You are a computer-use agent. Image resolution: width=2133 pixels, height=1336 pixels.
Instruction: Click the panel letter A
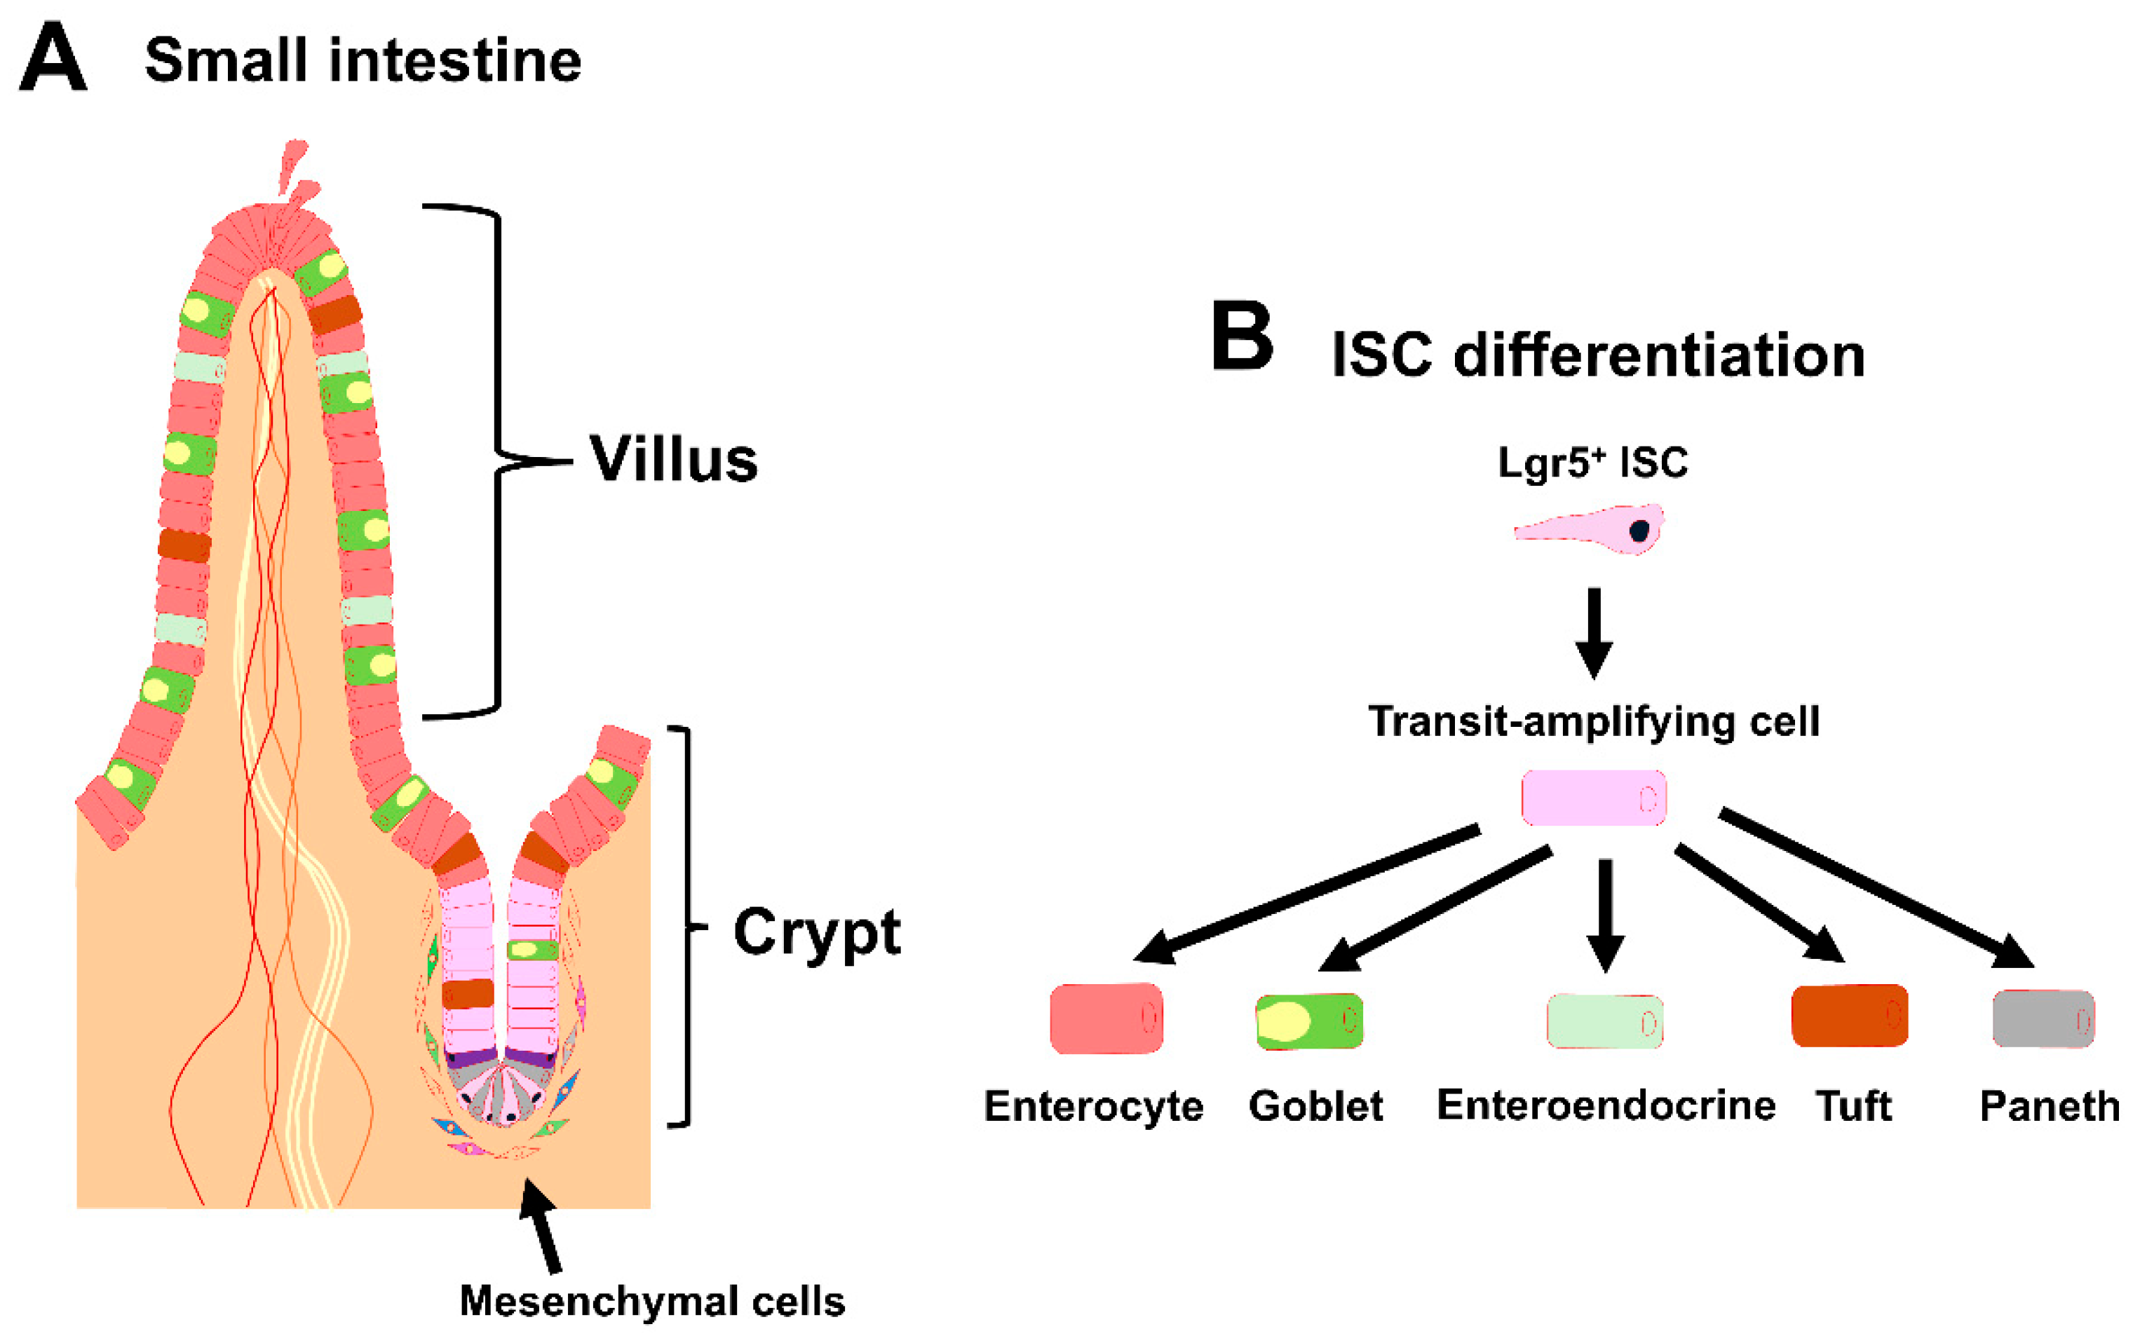coord(53,57)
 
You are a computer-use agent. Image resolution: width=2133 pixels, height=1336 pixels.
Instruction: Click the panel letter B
coord(1242,336)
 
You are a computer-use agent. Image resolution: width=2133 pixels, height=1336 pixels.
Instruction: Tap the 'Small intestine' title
coord(363,60)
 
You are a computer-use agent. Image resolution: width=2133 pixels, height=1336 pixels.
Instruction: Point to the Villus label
coord(674,460)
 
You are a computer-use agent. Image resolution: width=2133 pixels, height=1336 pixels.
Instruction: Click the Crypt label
coord(817,933)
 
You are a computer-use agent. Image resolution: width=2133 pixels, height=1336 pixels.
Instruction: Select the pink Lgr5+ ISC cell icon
coord(1590,529)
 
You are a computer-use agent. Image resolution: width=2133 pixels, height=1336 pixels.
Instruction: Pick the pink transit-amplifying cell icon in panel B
coord(1594,798)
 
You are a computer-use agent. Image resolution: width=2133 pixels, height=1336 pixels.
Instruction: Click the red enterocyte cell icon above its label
coord(1106,1018)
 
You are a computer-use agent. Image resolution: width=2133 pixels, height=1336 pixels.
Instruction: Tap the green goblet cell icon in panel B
coord(1309,1021)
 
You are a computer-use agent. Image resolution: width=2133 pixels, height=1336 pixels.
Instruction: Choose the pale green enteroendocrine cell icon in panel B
coord(1604,1021)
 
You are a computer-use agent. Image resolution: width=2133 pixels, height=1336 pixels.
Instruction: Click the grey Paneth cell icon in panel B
coord(2044,1018)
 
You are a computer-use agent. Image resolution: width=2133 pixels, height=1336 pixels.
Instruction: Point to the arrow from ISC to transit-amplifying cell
coord(1594,634)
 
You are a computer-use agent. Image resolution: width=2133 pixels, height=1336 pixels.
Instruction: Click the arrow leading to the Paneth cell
coord(1876,889)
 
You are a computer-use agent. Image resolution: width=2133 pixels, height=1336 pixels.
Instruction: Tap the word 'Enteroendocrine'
coord(1605,1105)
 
